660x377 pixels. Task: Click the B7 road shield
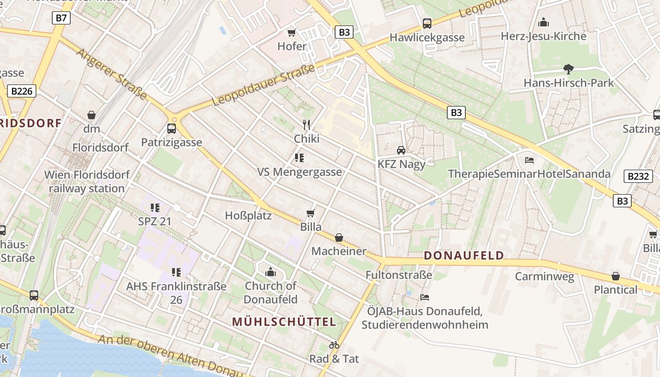pos(61,18)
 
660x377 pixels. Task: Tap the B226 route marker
pos(22,91)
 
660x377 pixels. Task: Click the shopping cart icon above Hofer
pos(292,33)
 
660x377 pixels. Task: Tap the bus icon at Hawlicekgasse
pos(427,23)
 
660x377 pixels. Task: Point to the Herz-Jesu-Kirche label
pos(543,36)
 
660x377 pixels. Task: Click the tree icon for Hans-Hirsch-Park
pos(569,69)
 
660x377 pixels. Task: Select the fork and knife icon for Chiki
pos(306,124)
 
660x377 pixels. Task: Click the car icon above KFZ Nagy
pos(401,150)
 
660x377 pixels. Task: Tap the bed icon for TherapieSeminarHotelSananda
pos(529,160)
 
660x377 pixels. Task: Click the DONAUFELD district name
pos(464,256)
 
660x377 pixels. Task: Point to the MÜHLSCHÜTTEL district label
pos(284,322)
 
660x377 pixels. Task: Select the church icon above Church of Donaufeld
pos(271,272)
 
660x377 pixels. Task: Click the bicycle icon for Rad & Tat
pos(334,345)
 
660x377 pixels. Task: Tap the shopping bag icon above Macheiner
pos(339,238)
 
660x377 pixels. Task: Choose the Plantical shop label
pos(615,290)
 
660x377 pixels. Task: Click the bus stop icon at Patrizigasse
pos(172,129)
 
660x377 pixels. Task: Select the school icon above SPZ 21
pos(155,207)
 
